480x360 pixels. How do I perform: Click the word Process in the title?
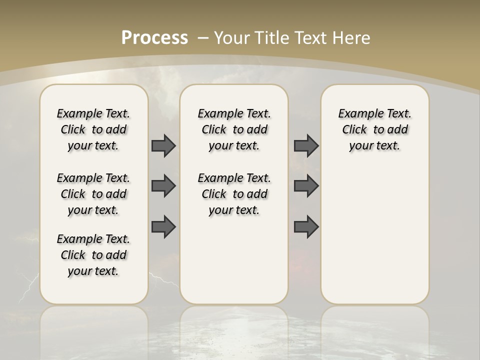[154, 38]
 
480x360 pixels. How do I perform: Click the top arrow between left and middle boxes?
[163, 145]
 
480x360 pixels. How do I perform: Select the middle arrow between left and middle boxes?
[163, 186]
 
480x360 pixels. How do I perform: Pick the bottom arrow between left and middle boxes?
[163, 227]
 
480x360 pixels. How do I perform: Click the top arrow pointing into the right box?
[306, 145]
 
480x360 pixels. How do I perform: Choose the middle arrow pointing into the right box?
[306, 186]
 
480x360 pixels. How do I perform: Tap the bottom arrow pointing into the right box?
[306, 227]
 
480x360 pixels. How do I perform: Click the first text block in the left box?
[93, 129]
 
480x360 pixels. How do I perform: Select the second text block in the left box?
[93, 194]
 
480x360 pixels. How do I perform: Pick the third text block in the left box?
[93, 255]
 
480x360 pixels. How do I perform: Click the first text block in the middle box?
[234, 129]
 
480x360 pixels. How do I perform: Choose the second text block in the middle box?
[234, 194]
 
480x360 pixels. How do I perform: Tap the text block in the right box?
[374, 129]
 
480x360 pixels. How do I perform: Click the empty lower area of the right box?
[374, 230]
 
